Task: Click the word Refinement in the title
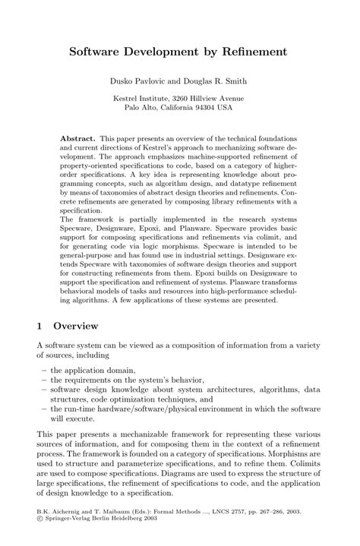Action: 254,52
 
